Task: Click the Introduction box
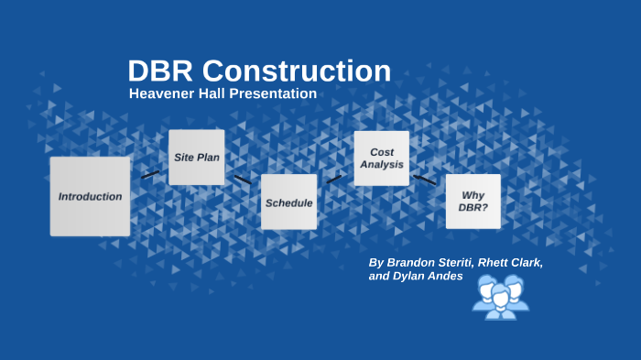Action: [x=90, y=196]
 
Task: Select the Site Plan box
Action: [x=196, y=158]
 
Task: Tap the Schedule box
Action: [x=288, y=202]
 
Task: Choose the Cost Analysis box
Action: [x=381, y=158]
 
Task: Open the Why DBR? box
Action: [x=473, y=202]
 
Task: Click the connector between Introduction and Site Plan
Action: [x=150, y=174]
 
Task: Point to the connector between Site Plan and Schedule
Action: [x=243, y=180]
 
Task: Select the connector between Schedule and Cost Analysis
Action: [x=334, y=179]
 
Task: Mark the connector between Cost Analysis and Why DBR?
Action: [x=425, y=180]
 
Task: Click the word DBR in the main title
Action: [x=160, y=71]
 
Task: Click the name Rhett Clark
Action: [x=509, y=262]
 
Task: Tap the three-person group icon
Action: [x=500, y=297]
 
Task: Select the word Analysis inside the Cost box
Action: [x=381, y=165]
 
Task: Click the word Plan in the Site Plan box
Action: [x=209, y=158]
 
